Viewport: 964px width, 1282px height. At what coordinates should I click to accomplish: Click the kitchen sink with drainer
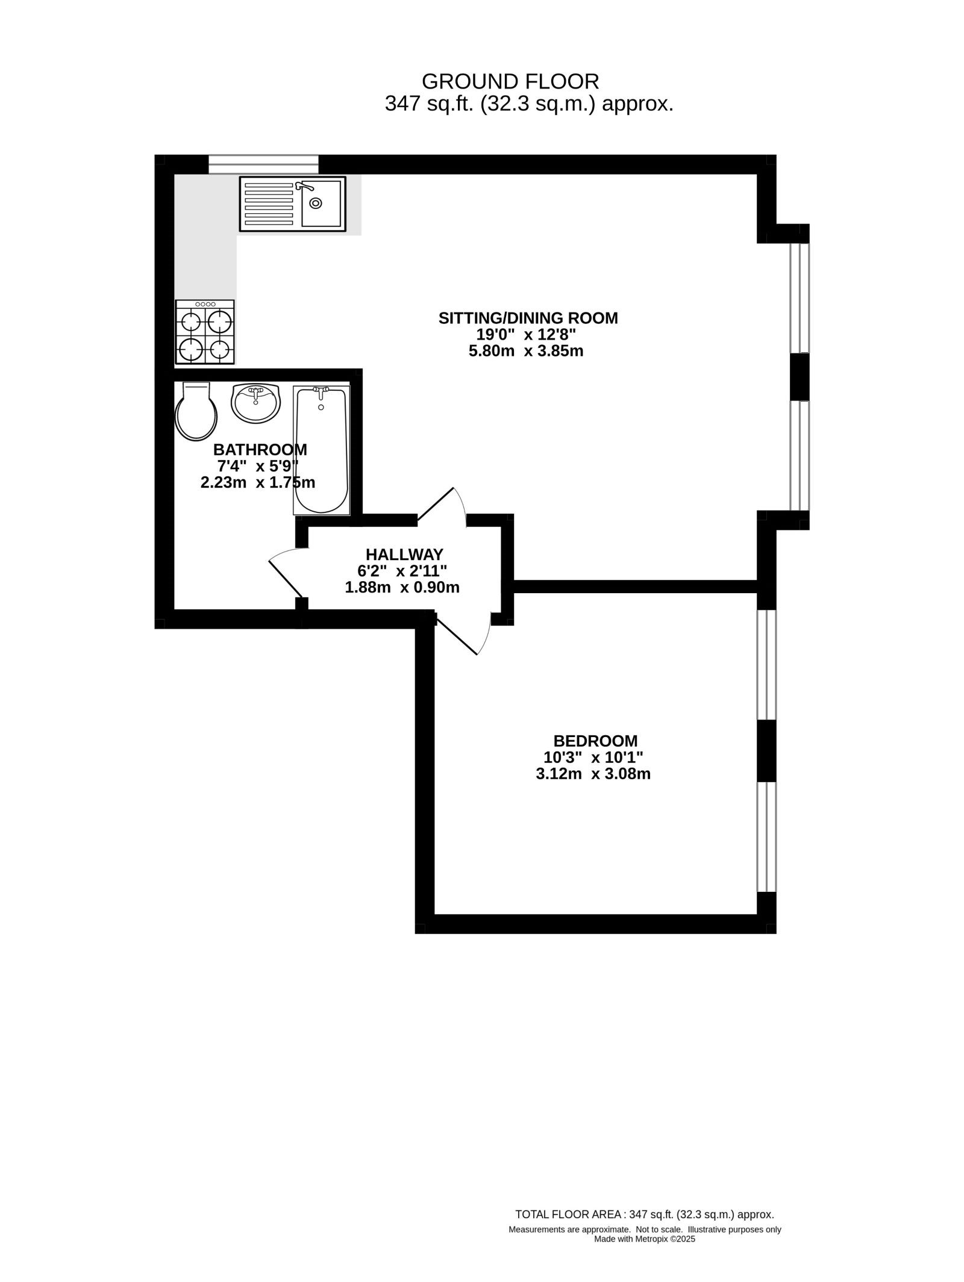(293, 204)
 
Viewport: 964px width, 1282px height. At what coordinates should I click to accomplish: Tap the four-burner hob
(205, 332)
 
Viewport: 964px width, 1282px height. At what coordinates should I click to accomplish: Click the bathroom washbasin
(256, 403)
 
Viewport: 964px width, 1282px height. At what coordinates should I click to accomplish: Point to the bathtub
(322, 450)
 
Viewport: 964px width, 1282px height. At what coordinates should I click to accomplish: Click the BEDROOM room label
(595, 741)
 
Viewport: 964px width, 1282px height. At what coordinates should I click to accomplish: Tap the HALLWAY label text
(404, 554)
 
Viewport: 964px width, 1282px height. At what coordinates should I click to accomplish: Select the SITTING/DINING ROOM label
(528, 318)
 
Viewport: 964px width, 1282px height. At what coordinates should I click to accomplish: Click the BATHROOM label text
(260, 450)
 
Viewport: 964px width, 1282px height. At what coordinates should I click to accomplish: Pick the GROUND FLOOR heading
(510, 81)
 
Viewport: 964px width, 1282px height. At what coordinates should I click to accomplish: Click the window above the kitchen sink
(263, 164)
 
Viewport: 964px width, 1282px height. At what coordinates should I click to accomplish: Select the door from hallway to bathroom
(286, 574)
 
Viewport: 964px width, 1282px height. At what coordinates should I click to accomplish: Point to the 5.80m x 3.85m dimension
(526, 351)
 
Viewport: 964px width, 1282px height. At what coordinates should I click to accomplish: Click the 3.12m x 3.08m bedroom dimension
(593, 774)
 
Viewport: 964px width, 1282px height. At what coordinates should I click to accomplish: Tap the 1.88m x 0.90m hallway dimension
(402, 587)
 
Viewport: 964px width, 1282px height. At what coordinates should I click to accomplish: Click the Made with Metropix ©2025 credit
(645, 1239)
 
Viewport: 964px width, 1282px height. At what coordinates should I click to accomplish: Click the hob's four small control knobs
(205, 304)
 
